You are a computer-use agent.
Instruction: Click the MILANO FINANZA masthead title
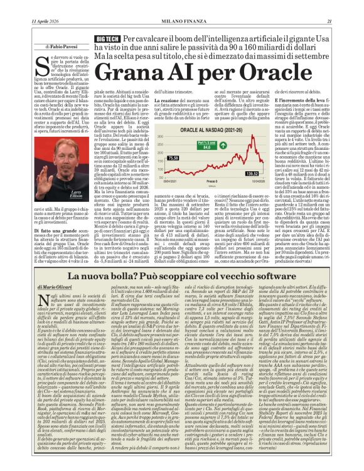pyautogui.click(x=181, y=6)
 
